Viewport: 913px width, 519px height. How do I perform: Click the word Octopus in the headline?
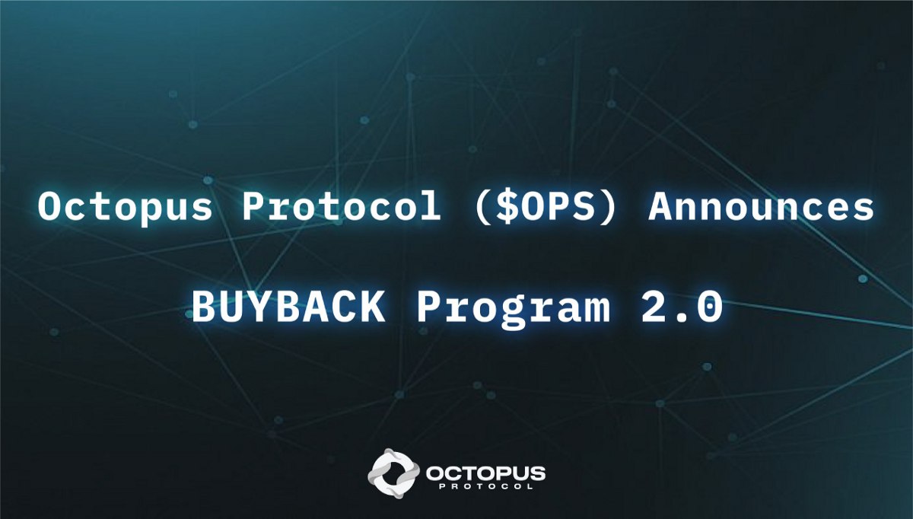[125, 207]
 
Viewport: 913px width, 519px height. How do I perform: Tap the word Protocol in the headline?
[341, 206]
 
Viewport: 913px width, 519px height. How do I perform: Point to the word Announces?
[761, 207]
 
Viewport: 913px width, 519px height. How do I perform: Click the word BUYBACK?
[288, 307]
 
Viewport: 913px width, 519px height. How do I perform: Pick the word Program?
[514, 309]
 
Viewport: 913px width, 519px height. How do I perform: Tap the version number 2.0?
[682, 307]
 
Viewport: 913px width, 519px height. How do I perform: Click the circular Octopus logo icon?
[393, 473]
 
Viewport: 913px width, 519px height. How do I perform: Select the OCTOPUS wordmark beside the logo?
[485, 474]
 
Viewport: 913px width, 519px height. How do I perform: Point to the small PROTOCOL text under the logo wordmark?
[486, 486]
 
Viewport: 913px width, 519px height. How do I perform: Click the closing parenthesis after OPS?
[607, 207]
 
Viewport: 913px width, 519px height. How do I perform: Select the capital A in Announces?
[663, 207]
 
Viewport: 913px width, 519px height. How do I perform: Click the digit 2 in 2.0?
[654, 306]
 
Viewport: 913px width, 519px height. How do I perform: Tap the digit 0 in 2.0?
[710, 307]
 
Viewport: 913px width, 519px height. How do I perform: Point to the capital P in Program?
[430, 307]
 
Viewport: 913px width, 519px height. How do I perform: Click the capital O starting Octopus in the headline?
[51, 207]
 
